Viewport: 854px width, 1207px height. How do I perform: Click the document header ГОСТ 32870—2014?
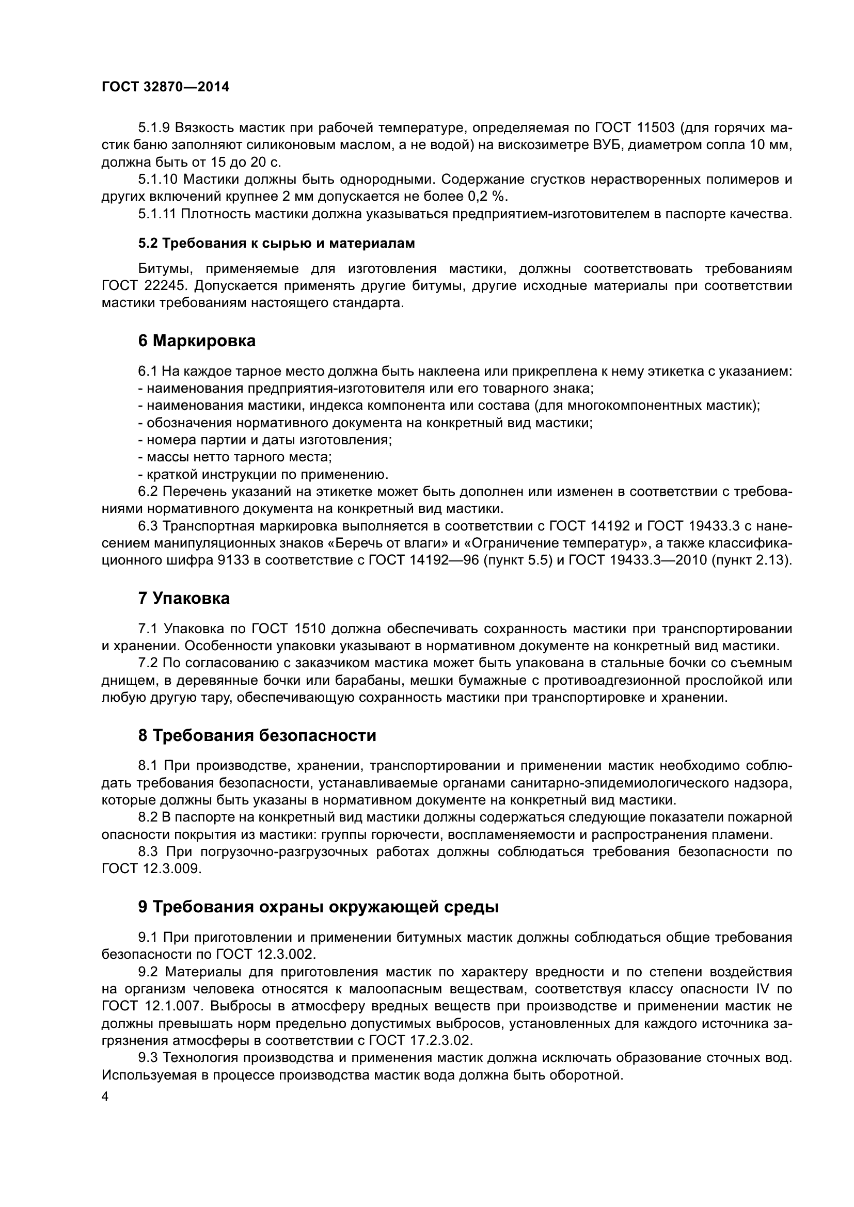point(165,87)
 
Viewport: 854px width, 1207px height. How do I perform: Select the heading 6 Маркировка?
point(197,341)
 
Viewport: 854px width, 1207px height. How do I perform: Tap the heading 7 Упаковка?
point(183,598)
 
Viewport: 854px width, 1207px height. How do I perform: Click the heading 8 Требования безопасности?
point(257,735)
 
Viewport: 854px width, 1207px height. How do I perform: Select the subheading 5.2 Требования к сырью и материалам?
point(276,244)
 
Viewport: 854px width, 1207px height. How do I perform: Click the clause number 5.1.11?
point(158,214)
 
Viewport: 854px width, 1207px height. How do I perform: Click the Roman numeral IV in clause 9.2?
point(763,989)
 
